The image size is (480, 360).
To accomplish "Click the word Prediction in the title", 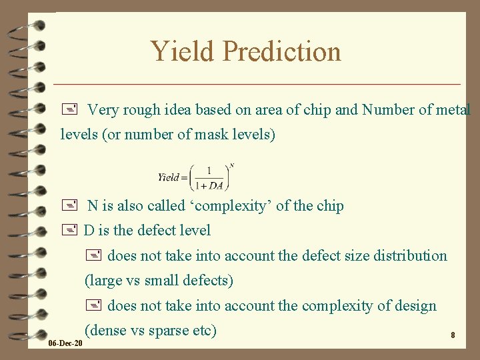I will point(281,51).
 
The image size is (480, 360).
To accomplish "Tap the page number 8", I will point(453,335).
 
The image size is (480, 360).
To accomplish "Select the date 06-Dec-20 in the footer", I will point(65,343).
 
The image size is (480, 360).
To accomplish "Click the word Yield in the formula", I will point(169,177).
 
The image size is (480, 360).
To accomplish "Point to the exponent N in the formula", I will point(231,165).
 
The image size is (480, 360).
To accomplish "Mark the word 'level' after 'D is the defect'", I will point(194,231).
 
